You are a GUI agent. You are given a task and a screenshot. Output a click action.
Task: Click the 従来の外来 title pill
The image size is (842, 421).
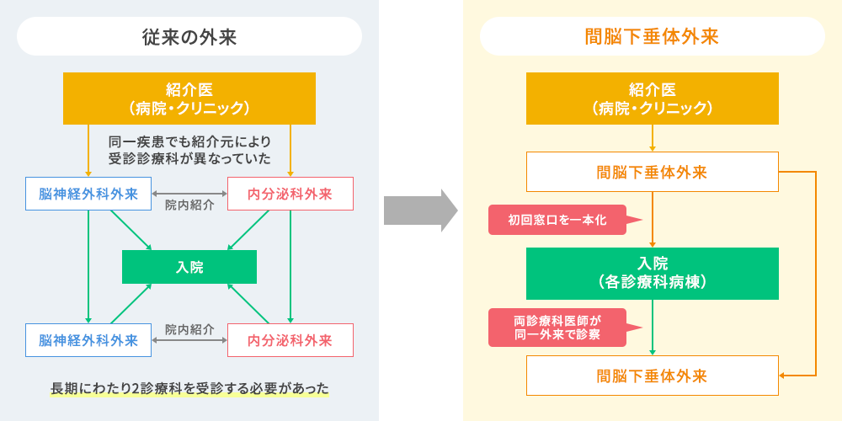coord(189,36)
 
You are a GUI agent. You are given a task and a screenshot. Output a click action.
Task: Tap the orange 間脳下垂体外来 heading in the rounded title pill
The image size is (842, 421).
coord(652,36)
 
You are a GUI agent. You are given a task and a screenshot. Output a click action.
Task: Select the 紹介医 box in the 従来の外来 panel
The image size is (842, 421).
coord(189,99)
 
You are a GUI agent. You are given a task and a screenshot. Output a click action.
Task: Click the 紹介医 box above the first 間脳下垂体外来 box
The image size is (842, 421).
coord(652,99)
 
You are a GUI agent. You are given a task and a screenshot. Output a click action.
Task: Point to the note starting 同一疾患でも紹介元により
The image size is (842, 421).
coord(189,151)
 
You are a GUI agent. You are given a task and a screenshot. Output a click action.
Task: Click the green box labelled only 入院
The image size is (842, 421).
coord(189,267)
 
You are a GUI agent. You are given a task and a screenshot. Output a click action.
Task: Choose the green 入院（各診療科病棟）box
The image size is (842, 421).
coord(652,274)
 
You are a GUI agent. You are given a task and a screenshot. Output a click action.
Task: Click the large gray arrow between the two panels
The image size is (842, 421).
coord(420,210)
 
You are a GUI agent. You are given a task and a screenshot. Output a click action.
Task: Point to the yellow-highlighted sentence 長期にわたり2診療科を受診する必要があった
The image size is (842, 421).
coord(189,388)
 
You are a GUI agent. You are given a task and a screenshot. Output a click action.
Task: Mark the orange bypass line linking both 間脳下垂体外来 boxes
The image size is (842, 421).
coord(816,274)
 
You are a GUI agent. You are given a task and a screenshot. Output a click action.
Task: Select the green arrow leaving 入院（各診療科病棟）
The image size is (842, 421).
coord(653,327)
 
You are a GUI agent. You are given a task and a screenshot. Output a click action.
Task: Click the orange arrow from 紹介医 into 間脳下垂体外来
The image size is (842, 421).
coord(653,138)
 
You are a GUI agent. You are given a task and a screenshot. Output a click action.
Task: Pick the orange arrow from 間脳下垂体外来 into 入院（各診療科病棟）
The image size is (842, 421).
coord(653,220)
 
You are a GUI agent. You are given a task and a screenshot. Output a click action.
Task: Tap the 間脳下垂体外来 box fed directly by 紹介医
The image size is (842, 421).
coord(652,172)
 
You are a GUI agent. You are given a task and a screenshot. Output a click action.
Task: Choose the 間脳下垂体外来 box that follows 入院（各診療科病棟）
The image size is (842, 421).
coord(652,376)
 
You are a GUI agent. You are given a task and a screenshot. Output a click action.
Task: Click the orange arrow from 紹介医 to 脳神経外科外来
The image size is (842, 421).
coord(88,151)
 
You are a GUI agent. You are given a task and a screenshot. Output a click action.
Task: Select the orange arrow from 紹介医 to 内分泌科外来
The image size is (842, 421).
coord(290,151)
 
